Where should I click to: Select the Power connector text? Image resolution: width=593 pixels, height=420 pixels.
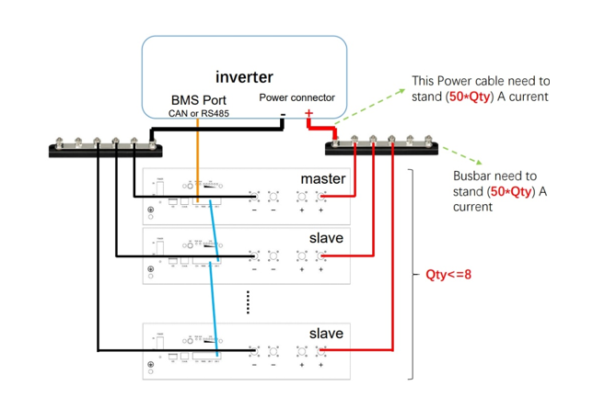coord(296,96)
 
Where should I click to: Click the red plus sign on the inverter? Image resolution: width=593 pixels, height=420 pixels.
coord(308,114)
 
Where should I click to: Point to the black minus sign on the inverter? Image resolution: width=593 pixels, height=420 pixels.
coord(283,114)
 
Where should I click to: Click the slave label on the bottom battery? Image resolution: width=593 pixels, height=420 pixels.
coord(326,332)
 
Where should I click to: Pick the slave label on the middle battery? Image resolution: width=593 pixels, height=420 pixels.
coord(326,238)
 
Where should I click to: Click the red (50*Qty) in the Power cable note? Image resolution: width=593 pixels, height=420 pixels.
coord(473,96)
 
